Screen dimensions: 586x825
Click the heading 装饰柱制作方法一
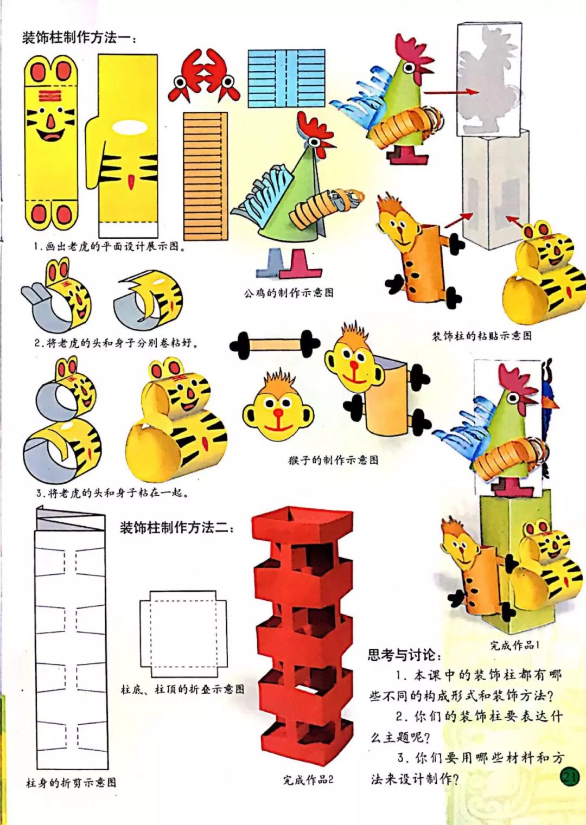[79, 38]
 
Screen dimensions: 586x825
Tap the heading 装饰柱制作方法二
[176, 527]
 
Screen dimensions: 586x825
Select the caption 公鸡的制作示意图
[288, 293]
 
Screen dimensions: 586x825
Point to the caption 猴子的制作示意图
[333, 460]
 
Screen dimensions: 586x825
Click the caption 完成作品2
[308, 779]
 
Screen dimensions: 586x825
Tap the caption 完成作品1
[514, 645]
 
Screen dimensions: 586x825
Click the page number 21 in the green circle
[569, 777]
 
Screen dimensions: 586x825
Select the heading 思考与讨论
[404, 655]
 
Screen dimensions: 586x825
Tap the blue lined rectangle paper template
[286, 79]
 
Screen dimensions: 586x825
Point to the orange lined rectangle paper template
[205, 176]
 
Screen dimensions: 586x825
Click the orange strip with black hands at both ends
[275, 344]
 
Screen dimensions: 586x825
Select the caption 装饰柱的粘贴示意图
[481, 336]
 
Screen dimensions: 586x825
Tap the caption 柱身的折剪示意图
[71, 782]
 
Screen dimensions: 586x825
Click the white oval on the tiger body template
[130, 127]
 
